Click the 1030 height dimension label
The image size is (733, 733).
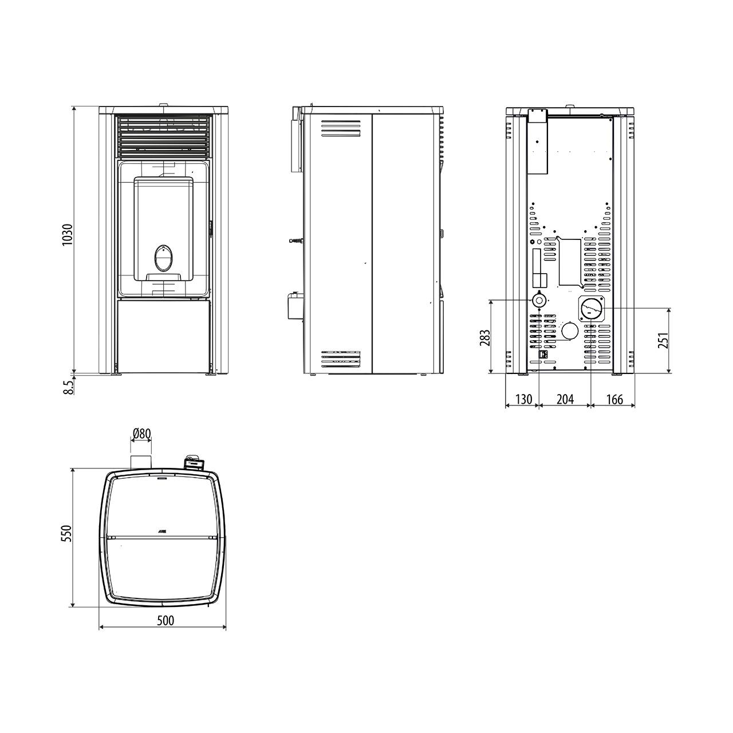68,234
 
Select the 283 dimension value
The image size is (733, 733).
485,338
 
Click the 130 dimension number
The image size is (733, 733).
523,399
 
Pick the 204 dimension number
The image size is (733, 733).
565,399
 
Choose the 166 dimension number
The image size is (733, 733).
614,399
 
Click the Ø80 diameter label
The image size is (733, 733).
142,434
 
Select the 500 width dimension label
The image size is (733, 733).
165,621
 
